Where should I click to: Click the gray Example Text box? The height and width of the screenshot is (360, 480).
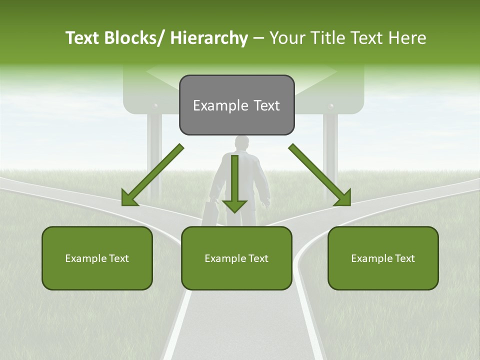click(x=236, y=105)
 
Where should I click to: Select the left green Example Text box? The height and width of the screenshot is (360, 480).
click(x=97, y=258)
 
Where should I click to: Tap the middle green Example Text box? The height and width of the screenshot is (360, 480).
click(x=236, y=258)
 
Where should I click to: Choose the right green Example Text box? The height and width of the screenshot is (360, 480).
click(x=383, y=258)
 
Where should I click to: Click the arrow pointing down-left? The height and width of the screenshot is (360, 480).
click(x=152, y=175)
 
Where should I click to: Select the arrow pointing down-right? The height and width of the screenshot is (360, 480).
click(x=320, y=175)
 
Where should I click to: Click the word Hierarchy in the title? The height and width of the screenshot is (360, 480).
click(x=208, y=38)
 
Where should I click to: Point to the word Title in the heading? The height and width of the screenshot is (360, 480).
click(x=326, y=38)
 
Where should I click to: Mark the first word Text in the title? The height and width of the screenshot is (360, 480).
click(x=82, y=38)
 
